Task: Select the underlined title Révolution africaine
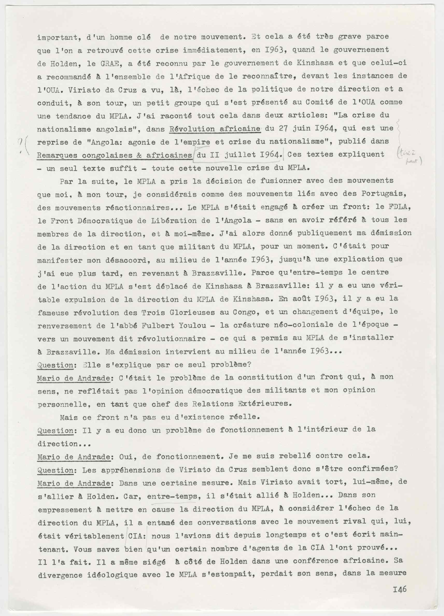215,129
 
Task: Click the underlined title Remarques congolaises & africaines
114,155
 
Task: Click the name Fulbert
157,325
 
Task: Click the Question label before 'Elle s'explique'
55,365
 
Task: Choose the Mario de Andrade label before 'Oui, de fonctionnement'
74,457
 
